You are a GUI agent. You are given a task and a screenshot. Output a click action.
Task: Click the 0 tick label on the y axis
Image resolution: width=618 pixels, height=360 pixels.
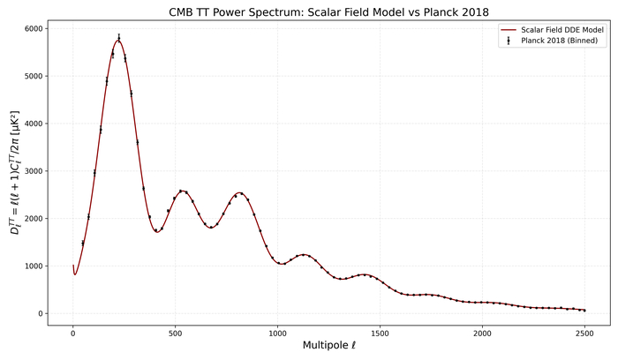pyautogui.click(x=39, y=314)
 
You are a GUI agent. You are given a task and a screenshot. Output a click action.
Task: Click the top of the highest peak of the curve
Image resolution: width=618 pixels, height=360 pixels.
pyautogui.click(x=118, y=40)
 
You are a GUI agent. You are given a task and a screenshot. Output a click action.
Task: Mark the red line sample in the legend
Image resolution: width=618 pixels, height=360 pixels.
pyautogui.click(x=508, y=30)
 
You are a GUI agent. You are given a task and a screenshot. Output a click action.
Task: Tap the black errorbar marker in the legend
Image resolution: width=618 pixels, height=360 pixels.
pyautogui.click(x=508, y=41)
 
